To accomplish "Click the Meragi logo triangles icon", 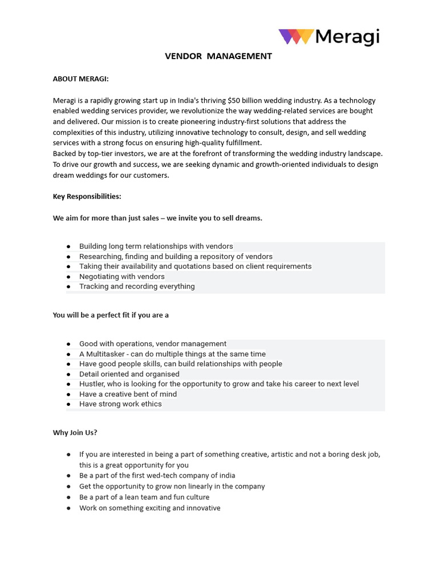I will pos(295,37).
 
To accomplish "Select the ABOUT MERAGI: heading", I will pos(80,79).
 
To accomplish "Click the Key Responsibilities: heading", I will pos(87,196).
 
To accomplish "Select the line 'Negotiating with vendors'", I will pos(121,277).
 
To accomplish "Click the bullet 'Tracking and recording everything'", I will pos(137,286).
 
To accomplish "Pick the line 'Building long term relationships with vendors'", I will pos(156,247).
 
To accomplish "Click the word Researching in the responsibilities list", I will pos(100,257).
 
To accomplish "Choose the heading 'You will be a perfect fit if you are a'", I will pos(111,315).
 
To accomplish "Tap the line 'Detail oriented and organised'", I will pos(129,374).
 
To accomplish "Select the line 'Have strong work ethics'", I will pos(120,404).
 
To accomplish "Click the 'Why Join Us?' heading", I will pos(75,433).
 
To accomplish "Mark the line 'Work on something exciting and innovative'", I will pos(149,508).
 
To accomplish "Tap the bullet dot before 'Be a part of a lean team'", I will pos(68,498).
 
